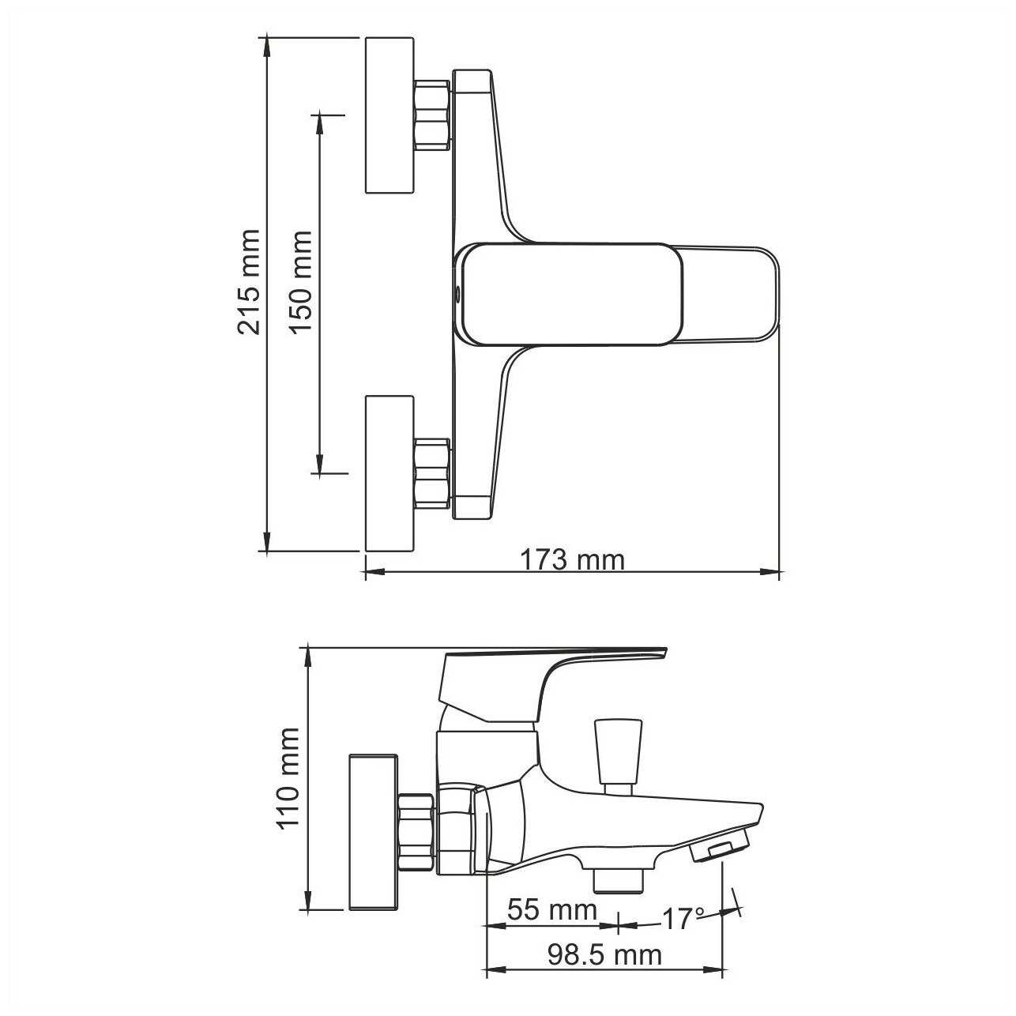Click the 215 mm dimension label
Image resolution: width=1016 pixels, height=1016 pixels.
[249, 282]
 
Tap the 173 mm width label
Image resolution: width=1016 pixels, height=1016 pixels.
[573, 559]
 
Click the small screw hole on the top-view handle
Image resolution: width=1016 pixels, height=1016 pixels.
[457, 294]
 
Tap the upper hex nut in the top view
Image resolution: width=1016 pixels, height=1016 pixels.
[432, 115]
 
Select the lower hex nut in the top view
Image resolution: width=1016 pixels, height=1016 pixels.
[432, 473]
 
